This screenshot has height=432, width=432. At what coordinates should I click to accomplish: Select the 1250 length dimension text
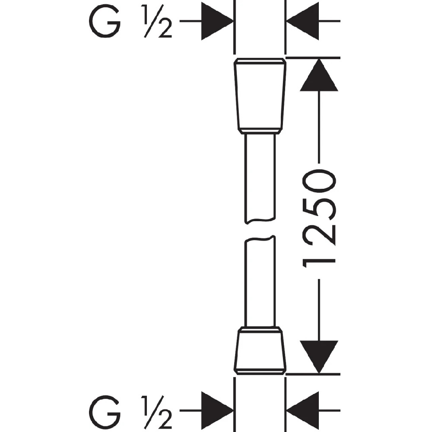click(x=320, y=221)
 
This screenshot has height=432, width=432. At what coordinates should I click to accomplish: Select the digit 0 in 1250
click(x=320, y=182)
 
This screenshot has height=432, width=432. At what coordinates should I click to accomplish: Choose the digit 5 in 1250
click(x=320, y=209)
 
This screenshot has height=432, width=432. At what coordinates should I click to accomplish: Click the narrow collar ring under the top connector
click(x=259, y=131)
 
